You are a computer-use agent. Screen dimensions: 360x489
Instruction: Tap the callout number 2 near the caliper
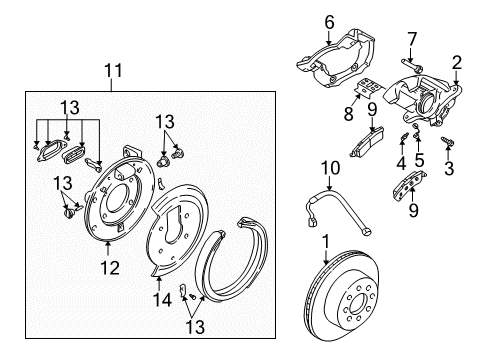[456, 63]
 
